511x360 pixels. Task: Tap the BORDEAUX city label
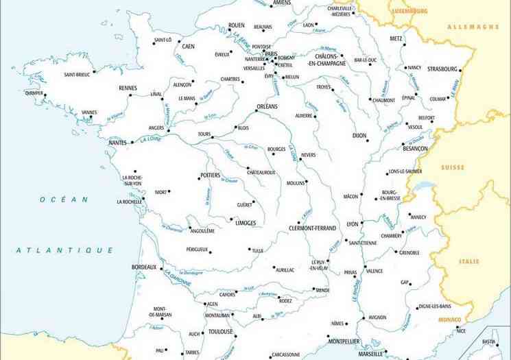coord(144,267)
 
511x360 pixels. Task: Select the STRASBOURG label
coord(442,69)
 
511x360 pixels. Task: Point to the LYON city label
coord(353,224)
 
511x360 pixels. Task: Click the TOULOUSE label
coord(222,331)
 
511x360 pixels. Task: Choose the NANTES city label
coord(118,143)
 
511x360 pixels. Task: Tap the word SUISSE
coord(453,167)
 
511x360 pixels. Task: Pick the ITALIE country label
coord(470,261)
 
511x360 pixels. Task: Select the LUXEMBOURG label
coord(409,12)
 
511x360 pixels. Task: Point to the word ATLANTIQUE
coord(65,250)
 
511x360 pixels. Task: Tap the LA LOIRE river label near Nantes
coord(149,139)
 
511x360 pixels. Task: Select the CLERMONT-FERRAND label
coord(312,227)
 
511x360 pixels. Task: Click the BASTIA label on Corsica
coord(488,341)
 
